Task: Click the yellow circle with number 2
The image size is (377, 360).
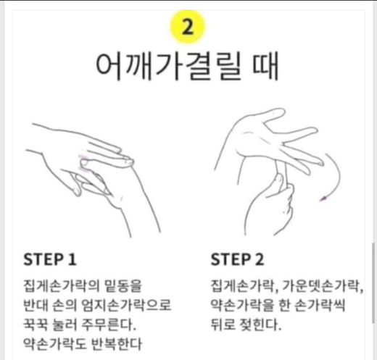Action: [187, 27]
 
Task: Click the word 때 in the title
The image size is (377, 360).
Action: [265, 66]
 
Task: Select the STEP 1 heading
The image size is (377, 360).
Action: [50, 259]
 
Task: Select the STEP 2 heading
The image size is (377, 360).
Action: [237, 259]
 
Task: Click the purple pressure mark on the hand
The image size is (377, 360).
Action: [83, 164]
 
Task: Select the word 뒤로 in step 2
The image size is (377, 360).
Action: [223, 325]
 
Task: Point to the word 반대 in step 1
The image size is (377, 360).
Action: [36, 305]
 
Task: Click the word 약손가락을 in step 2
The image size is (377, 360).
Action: [243, 305]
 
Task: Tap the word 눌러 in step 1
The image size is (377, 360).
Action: [64, 325]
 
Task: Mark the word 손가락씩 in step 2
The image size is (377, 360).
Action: [320, 305]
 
